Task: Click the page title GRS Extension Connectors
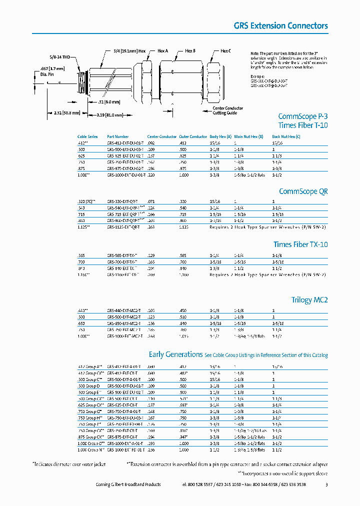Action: coord(281,25)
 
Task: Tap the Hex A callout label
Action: coord(163,51)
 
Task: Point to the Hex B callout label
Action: coord(190,51)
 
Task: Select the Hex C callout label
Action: coord(225,51)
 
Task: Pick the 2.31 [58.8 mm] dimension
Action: coord(66,113)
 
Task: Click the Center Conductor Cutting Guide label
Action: coord(227,110)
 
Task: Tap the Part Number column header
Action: coord(118,136)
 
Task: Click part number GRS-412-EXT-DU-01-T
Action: coord(125,143)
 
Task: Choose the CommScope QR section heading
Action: coord(303,191)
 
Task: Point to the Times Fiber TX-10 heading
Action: coord(300,244)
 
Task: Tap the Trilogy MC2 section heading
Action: coord(309,300)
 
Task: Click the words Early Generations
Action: coord(175,354)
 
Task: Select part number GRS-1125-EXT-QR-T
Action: coord(124,226)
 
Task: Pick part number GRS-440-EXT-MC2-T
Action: coord(124,310)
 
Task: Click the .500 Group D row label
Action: coord(89,386)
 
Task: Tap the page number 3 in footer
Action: coord(326,484)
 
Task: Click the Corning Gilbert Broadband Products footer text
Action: coord(128,484)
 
